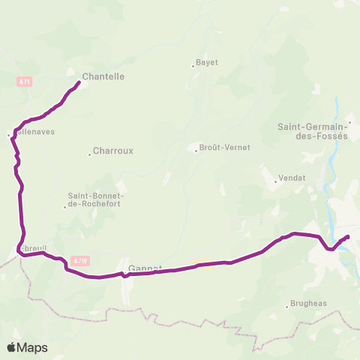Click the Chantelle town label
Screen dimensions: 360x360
coord(103,76)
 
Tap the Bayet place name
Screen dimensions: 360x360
coord(206,62)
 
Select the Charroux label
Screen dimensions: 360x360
coord(112,150)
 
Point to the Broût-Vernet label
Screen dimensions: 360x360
coord(225,148)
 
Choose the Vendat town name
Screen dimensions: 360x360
coord(289,179)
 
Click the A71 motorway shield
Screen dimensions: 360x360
coord(22,80)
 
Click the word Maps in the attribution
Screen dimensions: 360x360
coord(33,347)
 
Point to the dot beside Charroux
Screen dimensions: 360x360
coord(89,151)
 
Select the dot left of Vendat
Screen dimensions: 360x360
coord(274,180)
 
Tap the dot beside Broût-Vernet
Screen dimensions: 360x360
coord(196,149)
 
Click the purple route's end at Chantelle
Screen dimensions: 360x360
coord(79,82)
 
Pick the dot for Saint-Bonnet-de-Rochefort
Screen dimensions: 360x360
coord(65,206)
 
